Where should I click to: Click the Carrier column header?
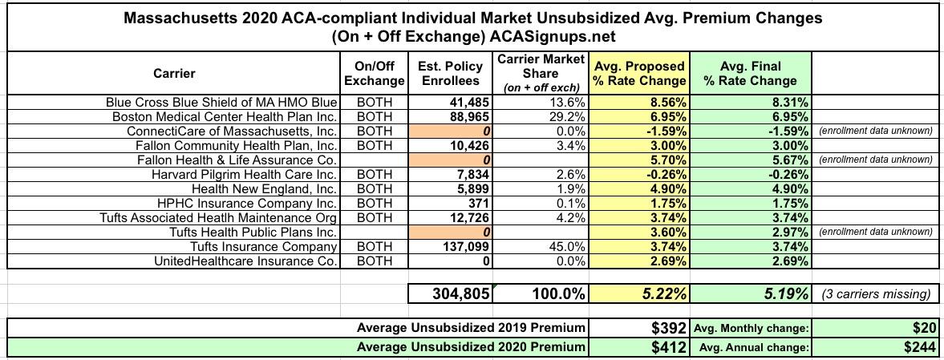174,74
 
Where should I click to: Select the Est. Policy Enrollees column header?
450,74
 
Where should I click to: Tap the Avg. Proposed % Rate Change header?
639,74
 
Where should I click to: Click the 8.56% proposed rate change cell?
666,103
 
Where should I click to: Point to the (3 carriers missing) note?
877,294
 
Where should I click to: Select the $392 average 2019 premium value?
667,328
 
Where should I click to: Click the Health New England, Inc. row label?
262,189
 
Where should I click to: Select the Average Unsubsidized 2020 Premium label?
471,347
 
